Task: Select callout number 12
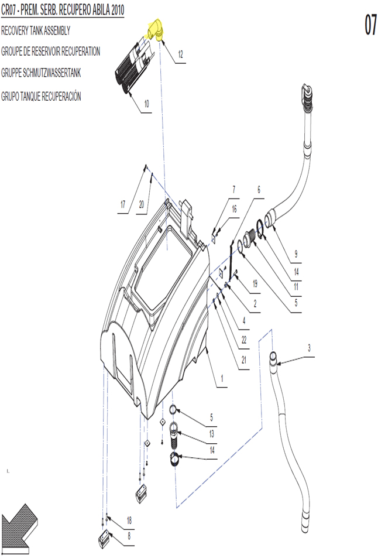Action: tap(180, 54)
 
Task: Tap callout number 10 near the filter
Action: tap(146, 104)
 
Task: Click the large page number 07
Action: tap(370, 25)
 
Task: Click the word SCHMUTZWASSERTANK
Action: tap(51, 73)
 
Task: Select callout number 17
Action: tap(123, 204)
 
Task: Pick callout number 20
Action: tap(142, 204)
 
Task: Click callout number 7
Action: tap(233, 189)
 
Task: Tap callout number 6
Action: tap(259, 189)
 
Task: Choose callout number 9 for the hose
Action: tap(296, 254)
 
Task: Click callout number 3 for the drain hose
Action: tap(309, 347)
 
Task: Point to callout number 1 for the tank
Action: tap(222, 378)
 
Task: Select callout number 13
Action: tap(212, 434)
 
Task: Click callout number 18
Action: tap(129, 521)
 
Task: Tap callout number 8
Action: tap(129, 536)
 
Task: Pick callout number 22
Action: tap(244, 340)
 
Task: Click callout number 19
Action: tap(255, 283)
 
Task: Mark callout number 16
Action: tap(234, 209)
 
